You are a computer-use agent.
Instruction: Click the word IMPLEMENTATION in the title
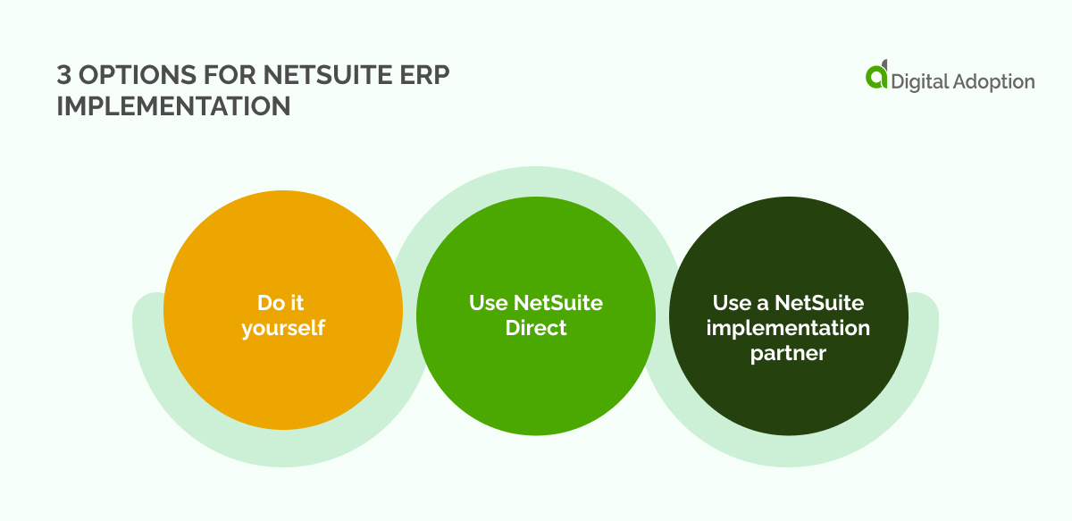(173, 105)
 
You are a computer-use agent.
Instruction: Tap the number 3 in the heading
(64, 78)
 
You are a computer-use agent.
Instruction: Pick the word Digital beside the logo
(920, 81)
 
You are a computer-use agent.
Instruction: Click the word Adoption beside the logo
(995, 81)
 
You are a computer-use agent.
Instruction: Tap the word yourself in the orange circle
(282, 328)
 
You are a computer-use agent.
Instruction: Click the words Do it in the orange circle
(282, 303)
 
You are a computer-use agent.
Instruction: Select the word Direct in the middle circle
(536, 328)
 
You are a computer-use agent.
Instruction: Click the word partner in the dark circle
(788, 353)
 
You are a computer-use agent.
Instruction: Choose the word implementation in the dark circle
(788, 328)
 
